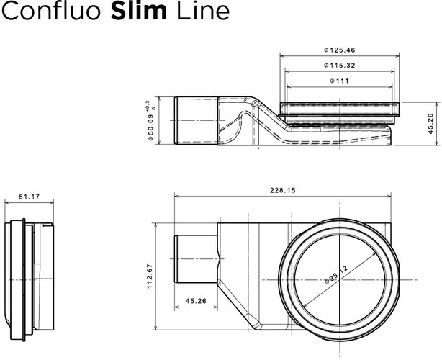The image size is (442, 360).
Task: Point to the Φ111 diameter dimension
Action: (340, 81)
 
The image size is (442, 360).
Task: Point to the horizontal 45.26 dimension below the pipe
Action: (197, 302)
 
